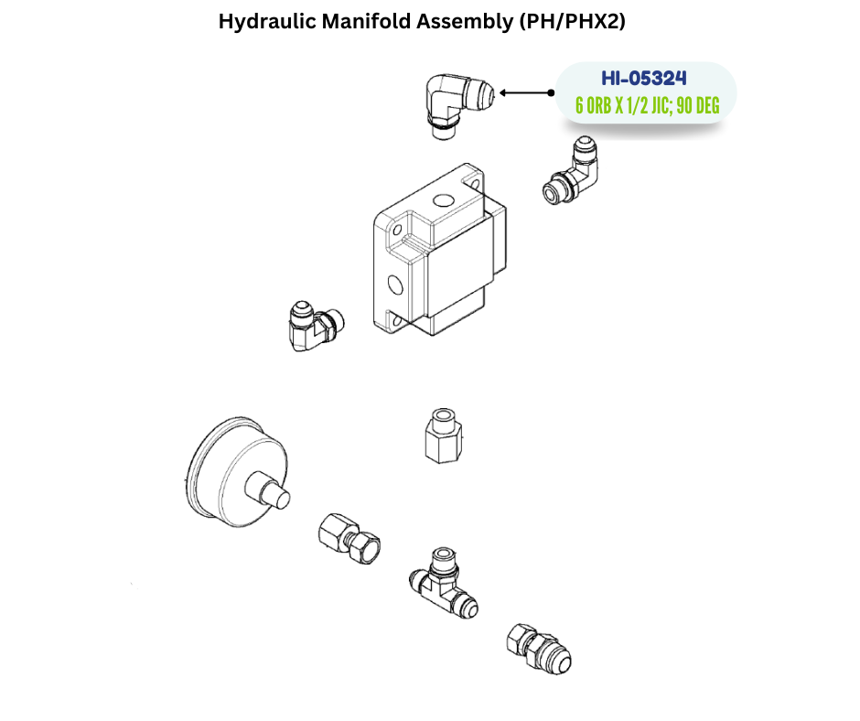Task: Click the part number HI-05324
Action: (643, 79)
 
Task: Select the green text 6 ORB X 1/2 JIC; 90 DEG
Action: (647, 105)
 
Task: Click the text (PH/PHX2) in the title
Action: (573, 21)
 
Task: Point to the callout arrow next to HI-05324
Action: (525, 92)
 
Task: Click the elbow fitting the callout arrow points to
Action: (459, 105)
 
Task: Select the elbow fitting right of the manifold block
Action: (570, 170)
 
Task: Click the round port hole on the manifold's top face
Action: (442, 200)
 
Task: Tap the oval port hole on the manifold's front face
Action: (395, 285)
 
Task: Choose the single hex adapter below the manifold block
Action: (443, 436)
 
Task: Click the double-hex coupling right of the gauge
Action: (349, 538)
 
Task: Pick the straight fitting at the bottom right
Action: (539, 648)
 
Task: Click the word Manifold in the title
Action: (366, 21)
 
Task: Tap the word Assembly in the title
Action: (465, 22)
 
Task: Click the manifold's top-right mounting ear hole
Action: (475, 184)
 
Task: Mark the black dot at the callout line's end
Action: (551, 92)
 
